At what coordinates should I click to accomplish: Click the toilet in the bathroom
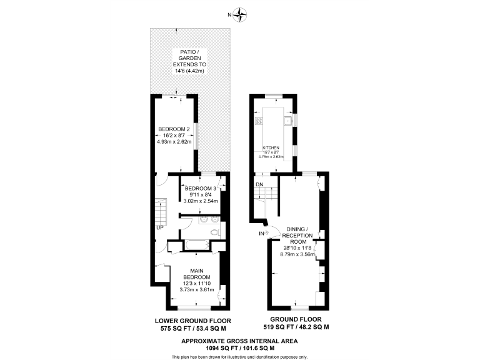point(216,232)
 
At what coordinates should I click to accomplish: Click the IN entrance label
point(261,234)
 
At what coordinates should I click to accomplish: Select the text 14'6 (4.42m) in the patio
point(190,71)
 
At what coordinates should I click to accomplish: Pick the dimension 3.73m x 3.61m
point(196,289)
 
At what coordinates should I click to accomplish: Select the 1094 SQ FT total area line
point(240,347)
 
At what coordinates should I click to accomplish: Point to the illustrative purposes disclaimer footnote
point(240,356)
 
